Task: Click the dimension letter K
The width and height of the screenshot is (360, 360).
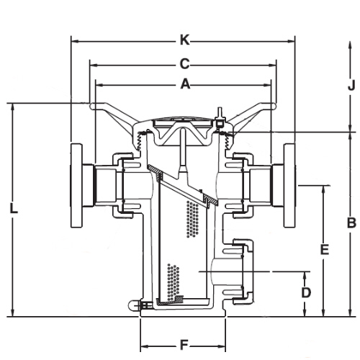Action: tap(185, 40)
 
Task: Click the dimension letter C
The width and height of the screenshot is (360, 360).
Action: tap(185, 64)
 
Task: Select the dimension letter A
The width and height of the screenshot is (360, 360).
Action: tap(185, 84)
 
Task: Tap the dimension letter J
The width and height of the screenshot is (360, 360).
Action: tap(351, 86)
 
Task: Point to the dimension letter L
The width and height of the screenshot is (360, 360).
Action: tap(14, 208)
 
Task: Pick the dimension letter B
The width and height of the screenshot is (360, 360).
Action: tap(351, 223)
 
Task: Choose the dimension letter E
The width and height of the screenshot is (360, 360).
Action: tap(325, 249)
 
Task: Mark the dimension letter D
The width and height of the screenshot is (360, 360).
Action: tap(306, 292)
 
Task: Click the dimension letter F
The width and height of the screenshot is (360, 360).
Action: tap(184, 346)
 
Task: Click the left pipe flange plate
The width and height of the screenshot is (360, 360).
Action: tap(76, 185)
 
